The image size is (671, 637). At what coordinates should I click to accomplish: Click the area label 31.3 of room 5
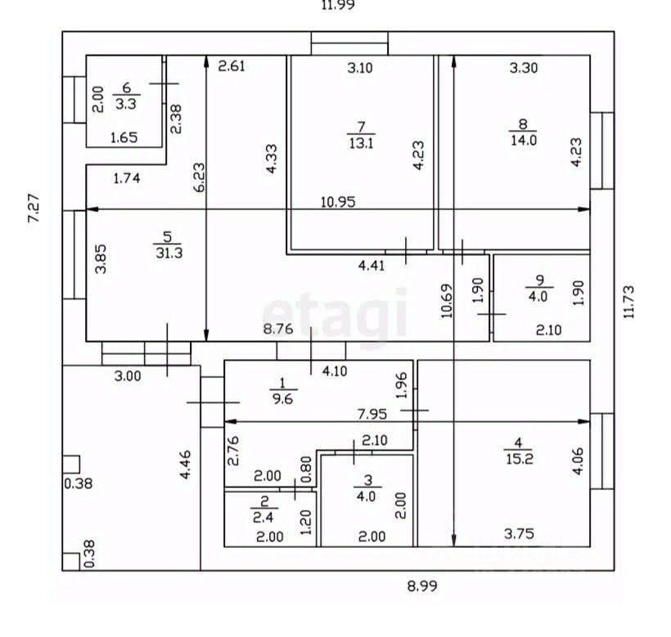(169, 253)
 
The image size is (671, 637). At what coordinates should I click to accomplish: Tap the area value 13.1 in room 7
(361, 143)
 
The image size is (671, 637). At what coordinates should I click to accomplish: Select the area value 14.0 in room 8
(524, 140)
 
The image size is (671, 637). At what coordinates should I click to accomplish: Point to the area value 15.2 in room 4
(520, 460)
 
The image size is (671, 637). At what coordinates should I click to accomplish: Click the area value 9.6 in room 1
(282, 399)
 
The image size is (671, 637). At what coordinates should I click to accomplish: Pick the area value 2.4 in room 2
(263, 518)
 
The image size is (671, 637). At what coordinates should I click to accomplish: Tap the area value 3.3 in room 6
(126, 104)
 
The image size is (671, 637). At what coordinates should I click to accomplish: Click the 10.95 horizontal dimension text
(338, 202)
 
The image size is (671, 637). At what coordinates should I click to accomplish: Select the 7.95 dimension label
(372, 414)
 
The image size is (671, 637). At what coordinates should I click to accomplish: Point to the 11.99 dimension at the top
(338, 5)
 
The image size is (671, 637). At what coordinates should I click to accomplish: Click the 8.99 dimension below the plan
(422, 585)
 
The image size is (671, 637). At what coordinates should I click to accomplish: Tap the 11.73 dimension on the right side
(628, 302)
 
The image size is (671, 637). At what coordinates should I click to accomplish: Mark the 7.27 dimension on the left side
(34, 208)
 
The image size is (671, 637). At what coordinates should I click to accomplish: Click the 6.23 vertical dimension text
(200, 177)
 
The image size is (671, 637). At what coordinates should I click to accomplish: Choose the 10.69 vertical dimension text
(447, 301)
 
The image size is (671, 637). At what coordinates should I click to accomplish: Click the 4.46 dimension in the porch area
(185, 464)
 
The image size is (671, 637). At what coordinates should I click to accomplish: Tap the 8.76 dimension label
(278, 329)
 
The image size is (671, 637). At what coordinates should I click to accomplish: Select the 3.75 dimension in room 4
(519, 533)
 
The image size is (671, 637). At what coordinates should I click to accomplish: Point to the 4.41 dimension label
(372, 266)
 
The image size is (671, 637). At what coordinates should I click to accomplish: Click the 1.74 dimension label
(127, 177)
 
